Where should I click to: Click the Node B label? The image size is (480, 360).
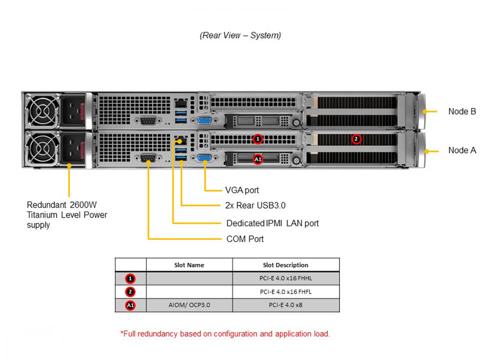(462, 111)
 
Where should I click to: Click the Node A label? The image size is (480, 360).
(462, 150)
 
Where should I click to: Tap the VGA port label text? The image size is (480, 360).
(242, 190)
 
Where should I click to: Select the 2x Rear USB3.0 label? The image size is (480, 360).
(255, 205)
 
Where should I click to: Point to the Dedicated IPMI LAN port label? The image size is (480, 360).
(272, 223)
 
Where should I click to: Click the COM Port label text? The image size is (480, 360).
(245, 239)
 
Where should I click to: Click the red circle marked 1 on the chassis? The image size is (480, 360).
(257, 138)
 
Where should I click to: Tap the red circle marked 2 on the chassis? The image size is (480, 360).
(356, 138)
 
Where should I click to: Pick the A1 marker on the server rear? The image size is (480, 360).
(257, 159)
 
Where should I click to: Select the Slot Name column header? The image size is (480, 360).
(189, 265)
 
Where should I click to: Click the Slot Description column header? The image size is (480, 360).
(285, 265)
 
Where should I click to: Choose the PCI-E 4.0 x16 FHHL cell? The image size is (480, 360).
(285, 278)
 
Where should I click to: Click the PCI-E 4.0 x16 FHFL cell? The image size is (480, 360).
(285, 291)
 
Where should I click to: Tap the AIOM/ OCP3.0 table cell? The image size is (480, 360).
(189, 304)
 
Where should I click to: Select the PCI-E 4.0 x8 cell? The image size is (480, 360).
(285, 304)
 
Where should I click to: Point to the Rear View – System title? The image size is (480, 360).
(240, 35)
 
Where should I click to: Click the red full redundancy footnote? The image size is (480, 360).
(225, 333)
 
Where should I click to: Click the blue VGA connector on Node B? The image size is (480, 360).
(204, 120)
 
